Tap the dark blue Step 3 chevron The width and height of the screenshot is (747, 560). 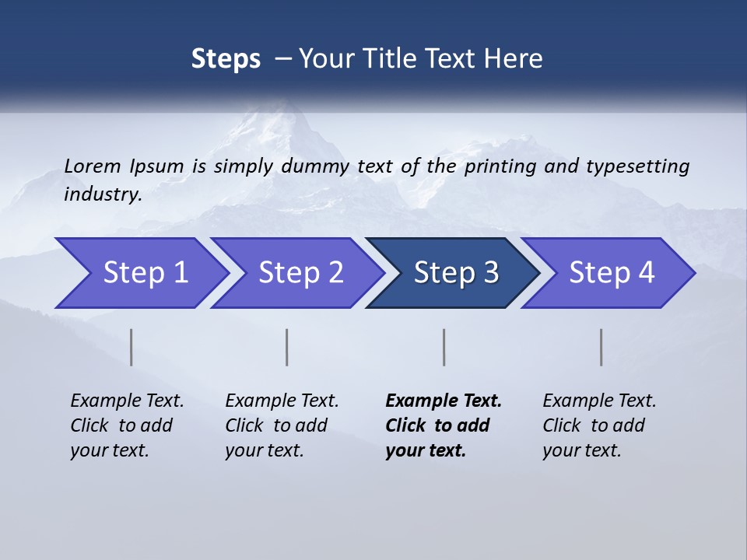(x=456, y=273)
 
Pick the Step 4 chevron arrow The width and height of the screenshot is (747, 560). (x=612, y=273)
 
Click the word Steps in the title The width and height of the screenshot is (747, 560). (x=226, y=59)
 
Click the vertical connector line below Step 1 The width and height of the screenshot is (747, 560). (x=132, y=347)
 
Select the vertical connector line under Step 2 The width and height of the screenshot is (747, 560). (x=287, y=347)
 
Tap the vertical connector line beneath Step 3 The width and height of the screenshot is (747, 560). (x=444, y=347)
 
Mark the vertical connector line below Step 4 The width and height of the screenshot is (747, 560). (x=601, y=347)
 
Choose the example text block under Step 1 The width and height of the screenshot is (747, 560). (x=127, y=425)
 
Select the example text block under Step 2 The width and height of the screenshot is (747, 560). (x=282, y=425)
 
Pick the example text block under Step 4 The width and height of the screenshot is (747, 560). (x=599, y=425)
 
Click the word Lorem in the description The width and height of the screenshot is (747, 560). (x=92, y=166)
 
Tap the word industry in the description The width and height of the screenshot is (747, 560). (x=102, y=194)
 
